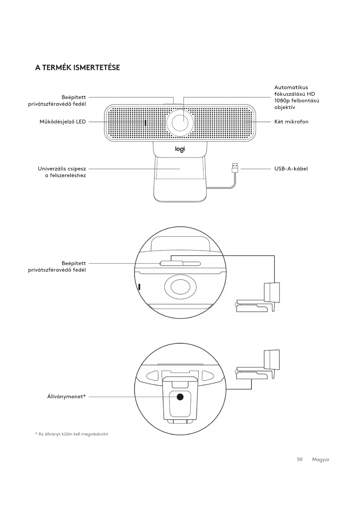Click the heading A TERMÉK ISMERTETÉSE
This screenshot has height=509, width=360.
[77, 68]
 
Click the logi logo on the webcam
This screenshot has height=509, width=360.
[180, 149]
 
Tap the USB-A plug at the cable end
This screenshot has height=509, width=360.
[235, 168]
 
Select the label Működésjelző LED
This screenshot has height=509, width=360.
[63, 122]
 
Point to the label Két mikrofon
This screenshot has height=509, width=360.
[291, 122]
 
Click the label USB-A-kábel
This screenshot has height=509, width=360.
[291, 169]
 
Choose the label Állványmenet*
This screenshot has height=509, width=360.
[66, 396]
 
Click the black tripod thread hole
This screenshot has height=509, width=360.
[180, 397]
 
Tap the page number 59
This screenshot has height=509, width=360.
[300, 459]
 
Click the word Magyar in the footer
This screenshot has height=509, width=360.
[321, 459]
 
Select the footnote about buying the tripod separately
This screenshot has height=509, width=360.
[71, 434]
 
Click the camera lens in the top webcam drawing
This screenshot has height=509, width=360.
[180, 123]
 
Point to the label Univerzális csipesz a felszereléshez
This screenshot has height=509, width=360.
[62, 172]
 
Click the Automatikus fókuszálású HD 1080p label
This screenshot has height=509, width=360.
[296, 97]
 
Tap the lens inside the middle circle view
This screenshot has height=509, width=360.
[180, 287]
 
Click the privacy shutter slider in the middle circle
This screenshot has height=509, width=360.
[171, 263]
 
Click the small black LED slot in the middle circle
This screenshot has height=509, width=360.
[140, 287]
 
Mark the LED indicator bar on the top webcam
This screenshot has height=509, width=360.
[145, 123]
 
